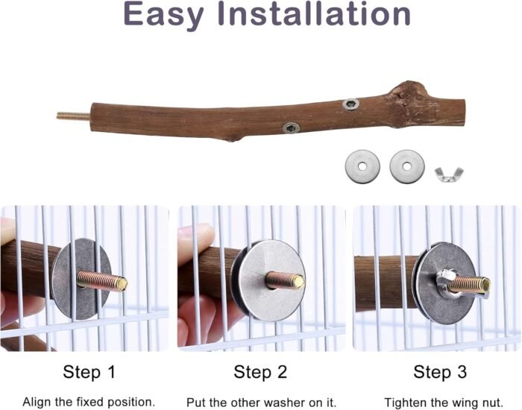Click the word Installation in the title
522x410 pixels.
coord(314,13)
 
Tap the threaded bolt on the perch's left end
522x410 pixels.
coord(73,116)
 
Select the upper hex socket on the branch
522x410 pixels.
coord(350,104)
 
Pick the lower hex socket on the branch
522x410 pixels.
coord(291,127)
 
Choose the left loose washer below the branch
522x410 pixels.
coord(362,166)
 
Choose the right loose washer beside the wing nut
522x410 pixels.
coord(407,166)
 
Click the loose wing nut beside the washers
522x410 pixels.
coord(449,174)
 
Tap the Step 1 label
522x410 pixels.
coord(89,372)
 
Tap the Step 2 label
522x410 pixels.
coord(260,372)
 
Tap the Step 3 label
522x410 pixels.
coord(440,372)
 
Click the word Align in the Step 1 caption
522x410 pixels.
coord(35,402)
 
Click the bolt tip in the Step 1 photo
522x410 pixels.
coord(123,284)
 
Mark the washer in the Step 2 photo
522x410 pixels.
coord(272,281)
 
